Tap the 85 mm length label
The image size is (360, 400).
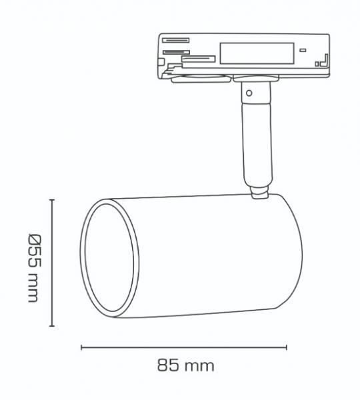[x=185, y=365]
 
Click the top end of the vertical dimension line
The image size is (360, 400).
[x=52, y=199]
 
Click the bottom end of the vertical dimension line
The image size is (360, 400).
[x=52, y=327]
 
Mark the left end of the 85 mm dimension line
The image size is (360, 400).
[x=81, y=347]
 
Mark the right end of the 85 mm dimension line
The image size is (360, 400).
[x=287, y=347]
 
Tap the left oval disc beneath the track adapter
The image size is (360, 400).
[x=193, y=79]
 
